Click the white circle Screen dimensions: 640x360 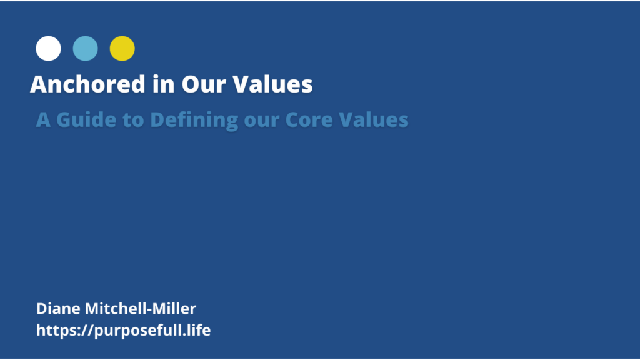point(48,49)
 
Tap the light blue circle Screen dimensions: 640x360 point(85,49)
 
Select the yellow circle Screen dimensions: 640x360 point(122,49)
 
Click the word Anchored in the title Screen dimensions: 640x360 point(87,84)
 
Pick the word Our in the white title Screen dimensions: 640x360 point(203,84)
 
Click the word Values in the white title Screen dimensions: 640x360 point(272,84)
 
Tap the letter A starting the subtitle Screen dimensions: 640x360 point(43,119)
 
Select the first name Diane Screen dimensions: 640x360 point(58,309)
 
